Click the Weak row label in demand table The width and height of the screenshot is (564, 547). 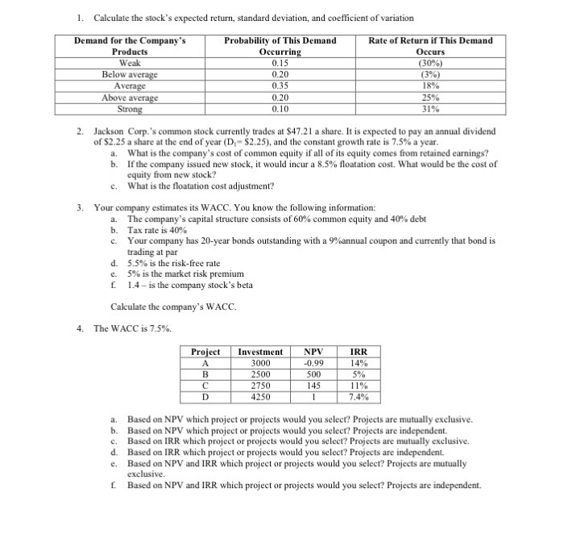(129, 62)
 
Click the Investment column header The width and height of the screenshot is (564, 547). (260, 352)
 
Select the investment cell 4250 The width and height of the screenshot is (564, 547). (260, 397)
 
